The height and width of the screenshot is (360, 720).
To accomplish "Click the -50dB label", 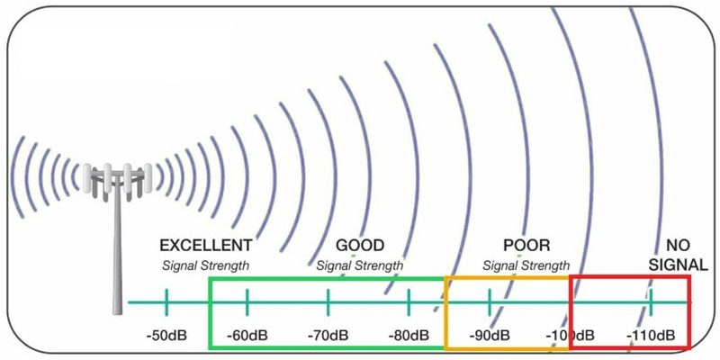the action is tap(166, 335).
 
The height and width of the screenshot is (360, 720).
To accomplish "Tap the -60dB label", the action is tap(247, 335).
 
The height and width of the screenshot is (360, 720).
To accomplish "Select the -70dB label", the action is tap(328, 335).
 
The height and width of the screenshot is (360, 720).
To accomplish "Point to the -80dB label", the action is tap(409, 335).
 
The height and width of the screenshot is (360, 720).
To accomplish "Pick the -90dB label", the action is tap(490, 335).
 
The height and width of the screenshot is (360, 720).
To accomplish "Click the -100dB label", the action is tap(570, 335).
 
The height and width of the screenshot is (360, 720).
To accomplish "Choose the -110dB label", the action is tap(651, 335).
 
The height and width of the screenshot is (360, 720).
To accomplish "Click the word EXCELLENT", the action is tap(206, 246).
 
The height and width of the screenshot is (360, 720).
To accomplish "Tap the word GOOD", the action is tap(360, 246).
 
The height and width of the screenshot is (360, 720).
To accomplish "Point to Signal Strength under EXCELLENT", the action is tap(206, 265).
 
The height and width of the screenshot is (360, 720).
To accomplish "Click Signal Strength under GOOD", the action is tap(360, 265).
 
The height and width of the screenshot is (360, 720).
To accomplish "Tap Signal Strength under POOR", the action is tap(526, 265).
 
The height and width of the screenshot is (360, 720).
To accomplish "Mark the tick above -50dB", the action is tap(166, 302).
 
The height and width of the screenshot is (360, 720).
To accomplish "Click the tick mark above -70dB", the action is tap(328, 302).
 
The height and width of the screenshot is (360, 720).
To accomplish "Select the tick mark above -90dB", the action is tap(490, 302).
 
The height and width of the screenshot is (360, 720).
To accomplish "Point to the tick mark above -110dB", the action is tap(651, 302).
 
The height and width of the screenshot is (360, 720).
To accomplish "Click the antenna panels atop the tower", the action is tap(118, 177).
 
